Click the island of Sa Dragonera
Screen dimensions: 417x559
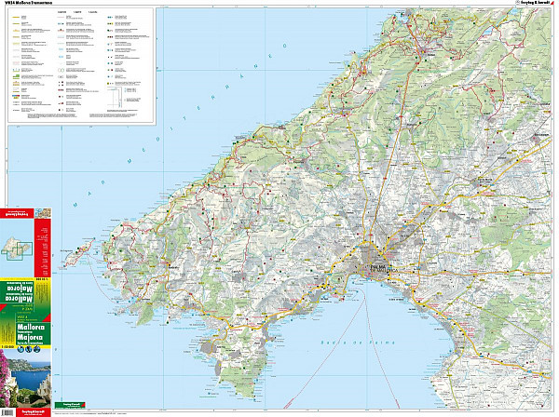84,252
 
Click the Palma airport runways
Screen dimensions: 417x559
438,289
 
